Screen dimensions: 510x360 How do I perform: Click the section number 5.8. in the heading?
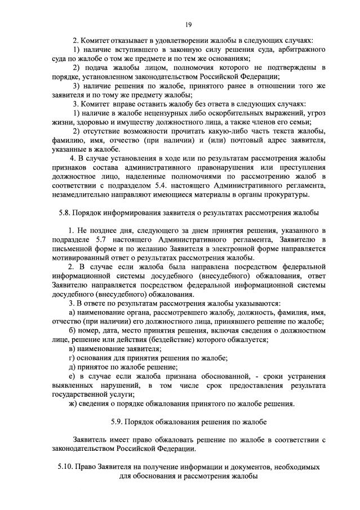[66, 213]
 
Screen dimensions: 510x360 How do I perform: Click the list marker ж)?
[73, 403]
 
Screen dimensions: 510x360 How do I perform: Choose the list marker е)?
[72, 376]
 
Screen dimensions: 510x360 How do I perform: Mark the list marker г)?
[72, 358]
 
